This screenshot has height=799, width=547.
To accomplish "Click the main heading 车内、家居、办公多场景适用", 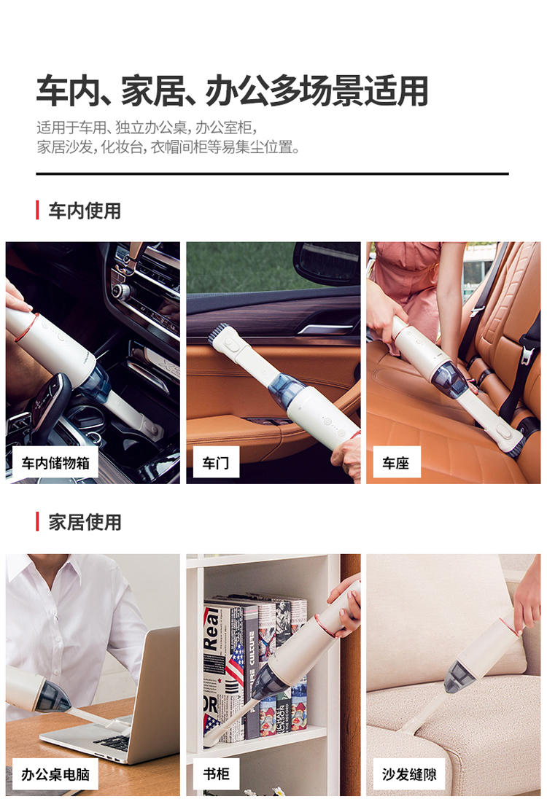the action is pos(232,90).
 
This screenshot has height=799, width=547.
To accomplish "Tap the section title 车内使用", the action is pos(85,211).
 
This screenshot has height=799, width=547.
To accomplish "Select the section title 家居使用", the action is pos(85,522).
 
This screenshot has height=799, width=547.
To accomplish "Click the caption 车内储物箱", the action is pos(55,463).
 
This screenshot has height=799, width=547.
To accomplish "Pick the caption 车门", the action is pos(216,463).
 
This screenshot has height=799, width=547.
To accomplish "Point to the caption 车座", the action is pos(395,463).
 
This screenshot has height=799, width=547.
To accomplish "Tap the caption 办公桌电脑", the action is pos(55,774).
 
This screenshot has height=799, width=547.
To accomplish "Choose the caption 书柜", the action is pos(216,774).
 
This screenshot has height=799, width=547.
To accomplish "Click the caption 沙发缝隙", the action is pos(409,774).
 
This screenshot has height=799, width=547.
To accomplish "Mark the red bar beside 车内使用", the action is pos(37,211).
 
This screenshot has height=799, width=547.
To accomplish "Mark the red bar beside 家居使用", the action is pos(37,522).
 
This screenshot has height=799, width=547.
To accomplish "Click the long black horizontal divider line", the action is pos(272,174).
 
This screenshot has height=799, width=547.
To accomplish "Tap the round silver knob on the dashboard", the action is pos(121,292).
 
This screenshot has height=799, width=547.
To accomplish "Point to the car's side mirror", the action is pos(327,262).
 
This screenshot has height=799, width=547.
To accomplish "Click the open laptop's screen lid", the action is pos(154,693).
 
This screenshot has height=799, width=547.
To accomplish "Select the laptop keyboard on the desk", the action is pos(113,742).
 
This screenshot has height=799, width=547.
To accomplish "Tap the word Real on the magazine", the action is pos(212,629).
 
